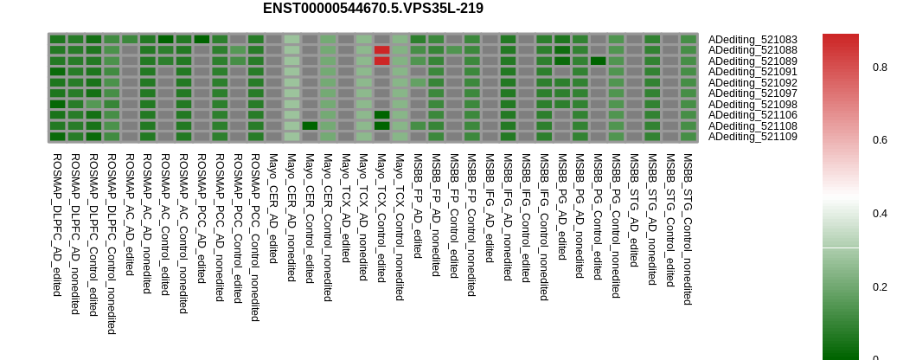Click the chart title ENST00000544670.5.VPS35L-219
(373, 9)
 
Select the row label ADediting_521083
(753, 40)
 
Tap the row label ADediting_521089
(753, 61)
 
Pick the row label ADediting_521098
(753, 105)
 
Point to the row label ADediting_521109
(753, 137)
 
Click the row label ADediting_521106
(753, 115)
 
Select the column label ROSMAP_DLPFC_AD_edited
(57, 225)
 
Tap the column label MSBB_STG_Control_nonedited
(689, 229)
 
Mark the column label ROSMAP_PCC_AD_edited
(202, 219)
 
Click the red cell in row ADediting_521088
(382, 50)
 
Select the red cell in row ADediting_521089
(382, 61)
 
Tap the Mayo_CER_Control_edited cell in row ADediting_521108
(310, 125)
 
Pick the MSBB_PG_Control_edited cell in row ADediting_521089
(599, 61)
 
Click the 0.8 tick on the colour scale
(880, 67)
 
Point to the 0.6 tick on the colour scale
(880, 140)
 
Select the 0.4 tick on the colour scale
(880, 214)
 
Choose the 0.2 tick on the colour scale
(880, 287)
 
